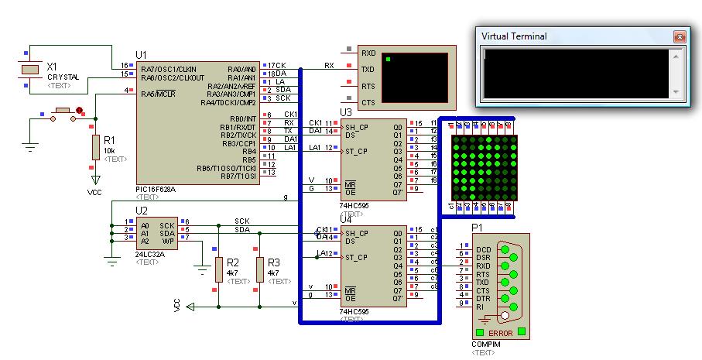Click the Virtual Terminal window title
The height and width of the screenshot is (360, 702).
(x=514, y=36)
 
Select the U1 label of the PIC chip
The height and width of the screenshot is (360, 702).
(x=141, y=54)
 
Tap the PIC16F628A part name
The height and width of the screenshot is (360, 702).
(x=155, y=189)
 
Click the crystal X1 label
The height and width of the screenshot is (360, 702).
(x=52, y=67)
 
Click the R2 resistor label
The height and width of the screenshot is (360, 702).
(x=233, y=263)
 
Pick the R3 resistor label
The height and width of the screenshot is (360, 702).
(x=274, y=263)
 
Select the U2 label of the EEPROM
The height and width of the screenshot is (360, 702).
(x=141, y=211)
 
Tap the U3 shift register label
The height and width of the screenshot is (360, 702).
(x=345, y=113)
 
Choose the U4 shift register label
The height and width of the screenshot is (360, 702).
(x=345, y=219)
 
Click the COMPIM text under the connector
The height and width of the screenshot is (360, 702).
(x=486, y=344)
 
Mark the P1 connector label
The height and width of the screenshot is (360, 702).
(x=477, y=228)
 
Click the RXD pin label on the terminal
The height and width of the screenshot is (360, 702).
(x=368, y=53)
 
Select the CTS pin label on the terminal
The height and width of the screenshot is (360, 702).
(x=368, y=102)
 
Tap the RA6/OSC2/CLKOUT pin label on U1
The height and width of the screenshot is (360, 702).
(x=173, y=77)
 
